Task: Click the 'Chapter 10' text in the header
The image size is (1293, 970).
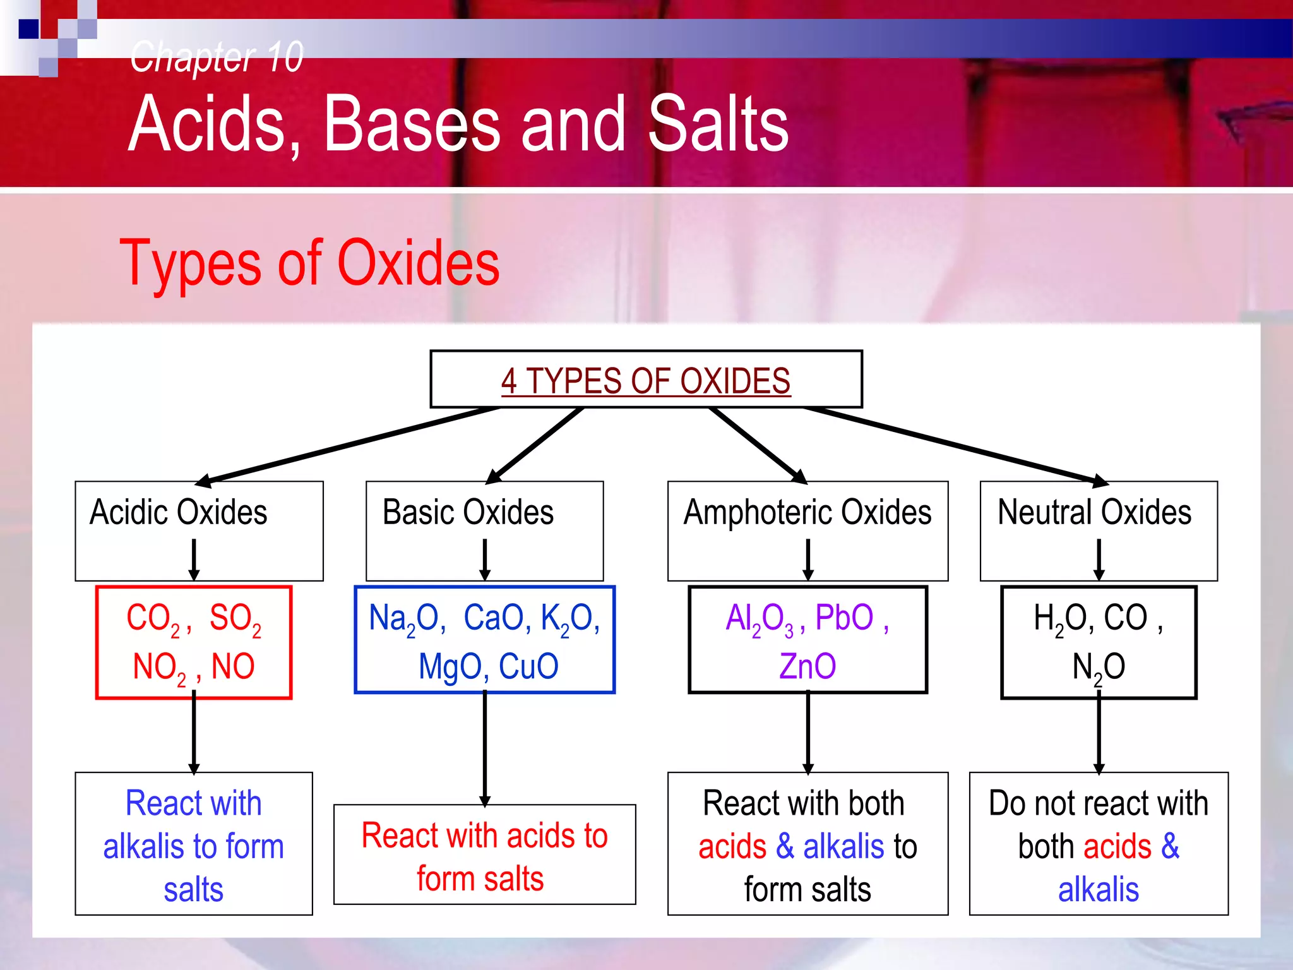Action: point(217,57)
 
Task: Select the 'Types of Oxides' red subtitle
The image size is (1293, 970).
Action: point(309,263)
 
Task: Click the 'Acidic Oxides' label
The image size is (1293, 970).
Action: point(179,512)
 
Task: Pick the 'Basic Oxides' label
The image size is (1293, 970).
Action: point(468,512)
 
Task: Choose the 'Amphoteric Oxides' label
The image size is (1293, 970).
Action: point(807,512)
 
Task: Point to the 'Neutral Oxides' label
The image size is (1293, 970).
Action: point(1094,512)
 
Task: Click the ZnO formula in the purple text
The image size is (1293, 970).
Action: point(807,666)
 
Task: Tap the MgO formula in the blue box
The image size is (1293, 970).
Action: point(449,667)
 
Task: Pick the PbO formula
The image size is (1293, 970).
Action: point(844,618)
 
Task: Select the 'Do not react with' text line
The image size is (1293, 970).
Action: point(1098,804)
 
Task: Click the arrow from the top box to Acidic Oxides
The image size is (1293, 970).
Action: point(347,446)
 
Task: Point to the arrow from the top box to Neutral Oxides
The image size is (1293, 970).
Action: point(953,446)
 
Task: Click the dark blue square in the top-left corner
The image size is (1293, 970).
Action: point(29,29)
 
